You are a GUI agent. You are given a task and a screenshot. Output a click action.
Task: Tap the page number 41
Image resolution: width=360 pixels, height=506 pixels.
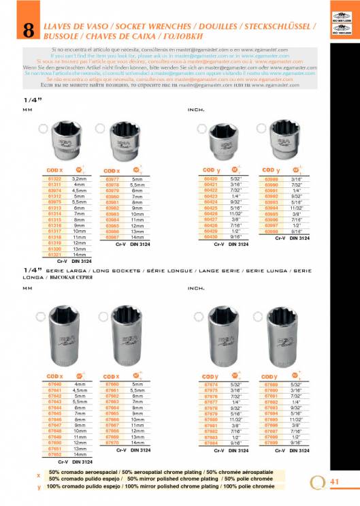coord(334,481)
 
